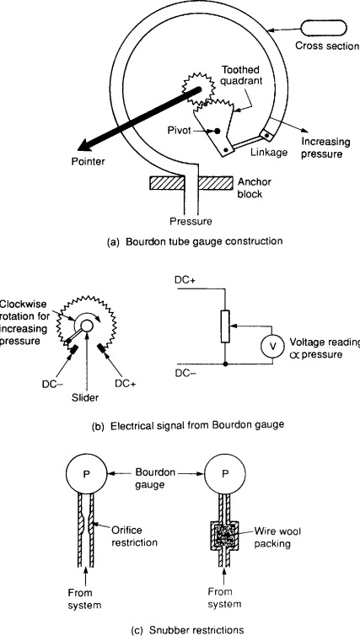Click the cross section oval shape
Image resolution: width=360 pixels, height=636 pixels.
[x=324, y=29]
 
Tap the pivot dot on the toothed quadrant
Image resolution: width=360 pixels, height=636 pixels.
[x=218, y=131]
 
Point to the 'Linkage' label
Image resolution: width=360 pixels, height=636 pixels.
[x=263, y=152]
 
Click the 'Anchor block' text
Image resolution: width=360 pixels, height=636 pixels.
[x=254, y=187]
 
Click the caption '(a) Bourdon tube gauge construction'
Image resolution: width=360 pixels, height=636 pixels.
[x=194, y=241]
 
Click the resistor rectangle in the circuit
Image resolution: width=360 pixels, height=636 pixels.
[x=225, y=326]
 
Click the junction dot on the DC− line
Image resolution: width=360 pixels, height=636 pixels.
[x=225, y=364]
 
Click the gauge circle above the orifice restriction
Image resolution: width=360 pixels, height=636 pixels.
[x=86, y=474]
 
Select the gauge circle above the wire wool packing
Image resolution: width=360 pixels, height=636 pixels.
[x=225, y=474]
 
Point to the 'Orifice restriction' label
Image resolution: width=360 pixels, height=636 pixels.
[x=134, y=536]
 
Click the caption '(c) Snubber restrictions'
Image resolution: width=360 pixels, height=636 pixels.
[x=188, y=629]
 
